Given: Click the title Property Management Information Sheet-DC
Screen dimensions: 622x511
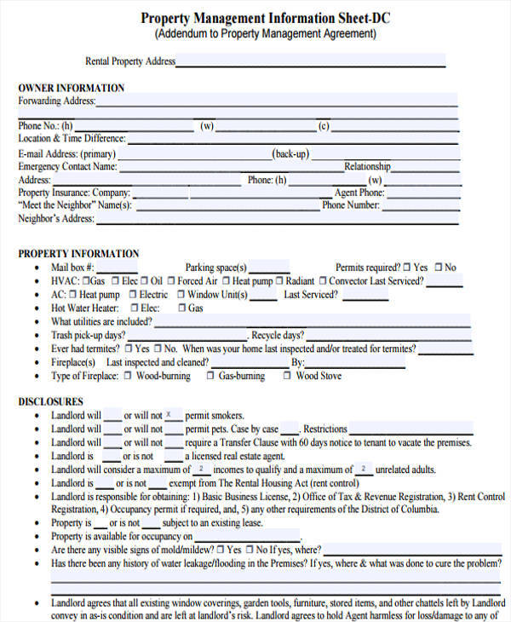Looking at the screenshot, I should click(266, 18).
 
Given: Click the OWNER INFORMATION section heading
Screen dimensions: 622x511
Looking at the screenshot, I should click(72, 88).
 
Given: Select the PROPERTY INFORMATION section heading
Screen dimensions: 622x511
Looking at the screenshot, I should click(78, 253).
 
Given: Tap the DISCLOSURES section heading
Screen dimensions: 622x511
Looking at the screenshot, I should click(51, 401).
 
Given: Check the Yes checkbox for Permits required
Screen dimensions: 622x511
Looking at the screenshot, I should click(407, 268).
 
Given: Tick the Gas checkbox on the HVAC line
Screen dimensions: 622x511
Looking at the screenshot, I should click(85, 281).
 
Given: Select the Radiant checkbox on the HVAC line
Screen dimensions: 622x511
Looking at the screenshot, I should click(279, 281).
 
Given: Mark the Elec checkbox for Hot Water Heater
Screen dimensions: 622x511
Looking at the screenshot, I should click(134, 308).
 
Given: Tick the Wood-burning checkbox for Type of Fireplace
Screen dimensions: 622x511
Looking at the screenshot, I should click(127, 376).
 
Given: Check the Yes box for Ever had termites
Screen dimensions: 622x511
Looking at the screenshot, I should click(128, 349).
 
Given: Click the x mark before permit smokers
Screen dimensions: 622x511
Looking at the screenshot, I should click(169, 415).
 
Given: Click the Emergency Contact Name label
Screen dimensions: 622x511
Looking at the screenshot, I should click(67, 167).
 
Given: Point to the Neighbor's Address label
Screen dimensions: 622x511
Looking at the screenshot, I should click(55, 219).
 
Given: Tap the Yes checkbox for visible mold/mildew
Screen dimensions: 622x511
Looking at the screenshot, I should click(221, 550).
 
